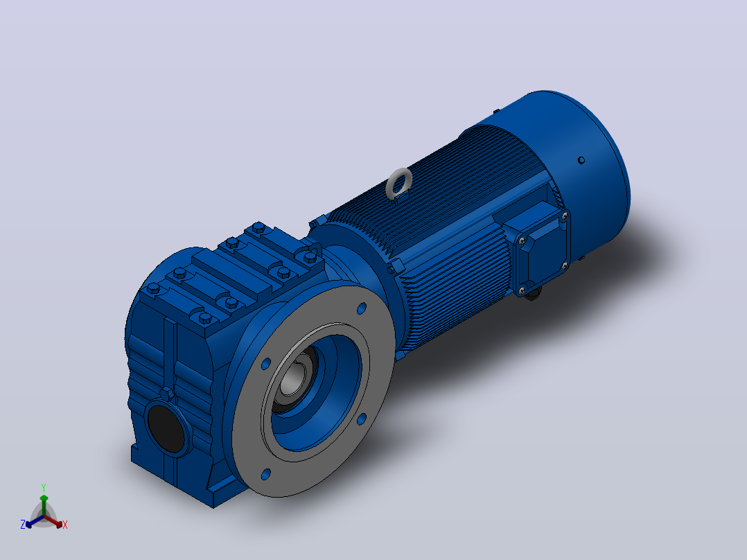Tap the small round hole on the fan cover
click(x=581, y=160)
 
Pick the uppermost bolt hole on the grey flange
click(x=362, y=308)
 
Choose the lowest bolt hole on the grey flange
click(x=266, y=474)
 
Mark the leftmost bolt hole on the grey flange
click(x=266, y=365)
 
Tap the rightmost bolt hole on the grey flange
click(x=362, y=419)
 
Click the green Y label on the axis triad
click(x=44, y=487)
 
